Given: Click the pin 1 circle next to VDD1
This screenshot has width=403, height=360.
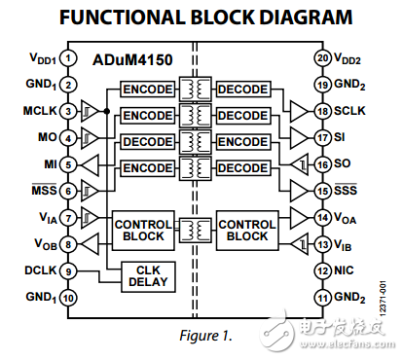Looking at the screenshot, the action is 68,58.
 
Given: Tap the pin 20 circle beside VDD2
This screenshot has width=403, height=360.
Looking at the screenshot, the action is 322,58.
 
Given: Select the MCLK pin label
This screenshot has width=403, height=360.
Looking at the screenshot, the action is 40,111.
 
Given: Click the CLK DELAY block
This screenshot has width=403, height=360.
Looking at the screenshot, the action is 148,276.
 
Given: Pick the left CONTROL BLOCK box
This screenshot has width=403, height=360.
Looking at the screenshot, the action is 143,231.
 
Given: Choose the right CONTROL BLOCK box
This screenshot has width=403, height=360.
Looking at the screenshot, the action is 247,231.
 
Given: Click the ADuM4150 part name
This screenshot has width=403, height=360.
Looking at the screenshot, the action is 132,60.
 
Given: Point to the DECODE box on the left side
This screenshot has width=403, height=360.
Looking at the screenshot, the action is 148,142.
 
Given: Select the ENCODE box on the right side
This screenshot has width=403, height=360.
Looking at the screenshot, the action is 243,142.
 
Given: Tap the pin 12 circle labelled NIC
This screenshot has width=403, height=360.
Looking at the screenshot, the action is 322,270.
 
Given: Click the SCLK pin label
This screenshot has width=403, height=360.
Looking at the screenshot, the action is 349,111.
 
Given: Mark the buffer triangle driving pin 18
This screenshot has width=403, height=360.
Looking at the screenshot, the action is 299,112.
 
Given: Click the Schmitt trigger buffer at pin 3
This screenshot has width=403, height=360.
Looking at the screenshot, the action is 90,112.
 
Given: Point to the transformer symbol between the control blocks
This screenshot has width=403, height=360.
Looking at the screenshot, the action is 196,230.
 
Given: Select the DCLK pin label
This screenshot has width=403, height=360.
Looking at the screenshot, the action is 41,270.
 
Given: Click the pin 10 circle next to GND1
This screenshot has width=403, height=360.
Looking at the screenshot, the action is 68,298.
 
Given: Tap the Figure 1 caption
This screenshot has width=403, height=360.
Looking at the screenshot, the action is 206,336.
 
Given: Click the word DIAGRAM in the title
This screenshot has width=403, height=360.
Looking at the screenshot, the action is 306,18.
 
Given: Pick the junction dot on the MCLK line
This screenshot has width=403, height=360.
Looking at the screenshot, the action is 107,112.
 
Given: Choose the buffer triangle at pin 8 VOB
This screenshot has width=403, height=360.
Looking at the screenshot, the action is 90,244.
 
